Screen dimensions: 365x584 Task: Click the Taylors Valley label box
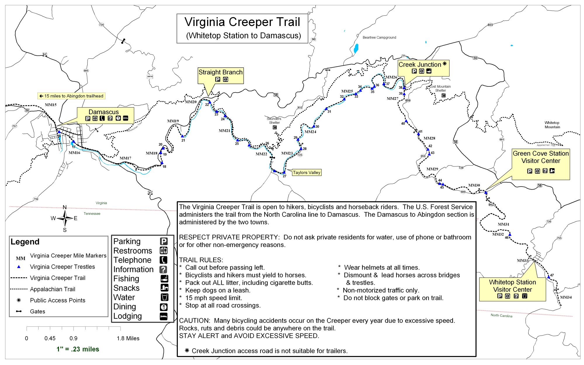click(306, 173)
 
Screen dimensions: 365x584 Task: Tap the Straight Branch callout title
click(220, 72)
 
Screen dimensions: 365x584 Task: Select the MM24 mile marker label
click(310, 132)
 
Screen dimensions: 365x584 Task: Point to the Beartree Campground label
click(379, 37)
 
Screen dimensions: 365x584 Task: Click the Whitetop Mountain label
click(552, 125)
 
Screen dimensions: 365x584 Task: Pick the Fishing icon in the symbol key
click(164, 279)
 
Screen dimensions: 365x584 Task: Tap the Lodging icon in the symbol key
click(164, 316)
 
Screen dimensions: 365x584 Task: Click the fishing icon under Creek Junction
click(429, 71)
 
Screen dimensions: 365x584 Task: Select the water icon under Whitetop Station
click(524, 296)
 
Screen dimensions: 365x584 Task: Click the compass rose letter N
click(65, 207)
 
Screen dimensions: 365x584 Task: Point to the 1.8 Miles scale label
click(128, 338)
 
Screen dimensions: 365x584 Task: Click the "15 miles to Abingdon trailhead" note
click(72, 96)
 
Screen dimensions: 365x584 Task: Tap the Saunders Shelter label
click(274, 121)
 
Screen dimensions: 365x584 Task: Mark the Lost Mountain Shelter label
click(440, 88)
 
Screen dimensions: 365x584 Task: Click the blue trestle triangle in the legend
click(19, 267)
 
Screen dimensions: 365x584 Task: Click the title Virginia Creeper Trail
click(242, 22)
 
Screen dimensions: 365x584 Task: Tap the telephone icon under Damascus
click(102, 118)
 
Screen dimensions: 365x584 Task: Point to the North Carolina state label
click(501, 315)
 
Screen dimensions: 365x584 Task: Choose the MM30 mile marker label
click(474, 185)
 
